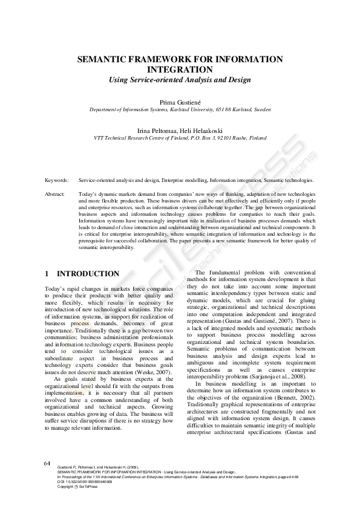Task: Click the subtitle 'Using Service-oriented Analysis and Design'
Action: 180,80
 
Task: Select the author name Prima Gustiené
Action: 180,103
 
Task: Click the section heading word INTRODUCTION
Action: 88,274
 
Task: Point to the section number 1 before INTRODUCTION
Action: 47,274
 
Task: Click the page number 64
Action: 47,480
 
